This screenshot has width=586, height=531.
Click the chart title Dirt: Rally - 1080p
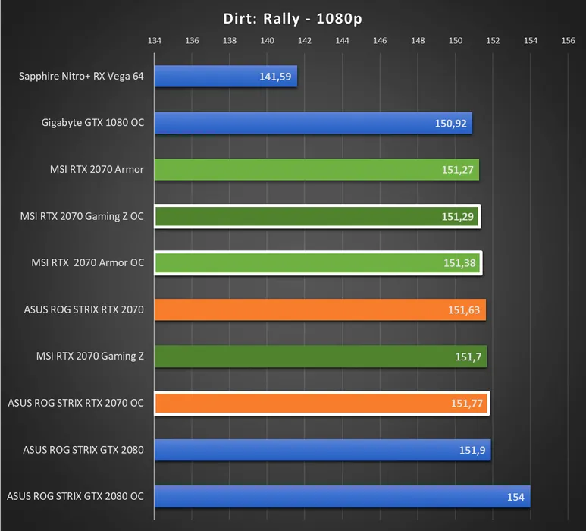coord(293,18)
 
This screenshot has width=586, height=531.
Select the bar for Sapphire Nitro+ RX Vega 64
coord(225,76)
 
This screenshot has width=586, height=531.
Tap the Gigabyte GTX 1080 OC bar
coord(313,123)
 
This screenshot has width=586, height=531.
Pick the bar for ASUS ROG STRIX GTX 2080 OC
coord(342,497)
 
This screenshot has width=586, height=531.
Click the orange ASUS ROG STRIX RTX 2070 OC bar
coord(321,404)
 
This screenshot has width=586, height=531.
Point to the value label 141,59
coord(274,77)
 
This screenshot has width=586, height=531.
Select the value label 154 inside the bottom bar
coord(515,498)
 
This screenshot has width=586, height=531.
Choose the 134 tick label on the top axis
coord(155,41)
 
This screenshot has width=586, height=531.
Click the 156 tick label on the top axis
coord(568,41)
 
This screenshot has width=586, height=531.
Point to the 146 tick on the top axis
coord(380,41)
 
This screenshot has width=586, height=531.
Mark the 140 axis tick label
coord(267,41)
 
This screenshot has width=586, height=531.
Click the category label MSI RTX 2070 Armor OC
coord(87,263)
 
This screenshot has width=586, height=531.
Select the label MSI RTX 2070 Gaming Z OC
coord(82,216)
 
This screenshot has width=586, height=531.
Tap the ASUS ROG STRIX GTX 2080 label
coord(83,450)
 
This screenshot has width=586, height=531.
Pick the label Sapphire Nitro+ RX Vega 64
coord(81,76)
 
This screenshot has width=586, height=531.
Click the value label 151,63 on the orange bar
coord(464,310)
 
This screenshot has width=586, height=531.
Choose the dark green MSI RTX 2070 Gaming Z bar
coord(320,357)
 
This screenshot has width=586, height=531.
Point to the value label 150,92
coord(450,123)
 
